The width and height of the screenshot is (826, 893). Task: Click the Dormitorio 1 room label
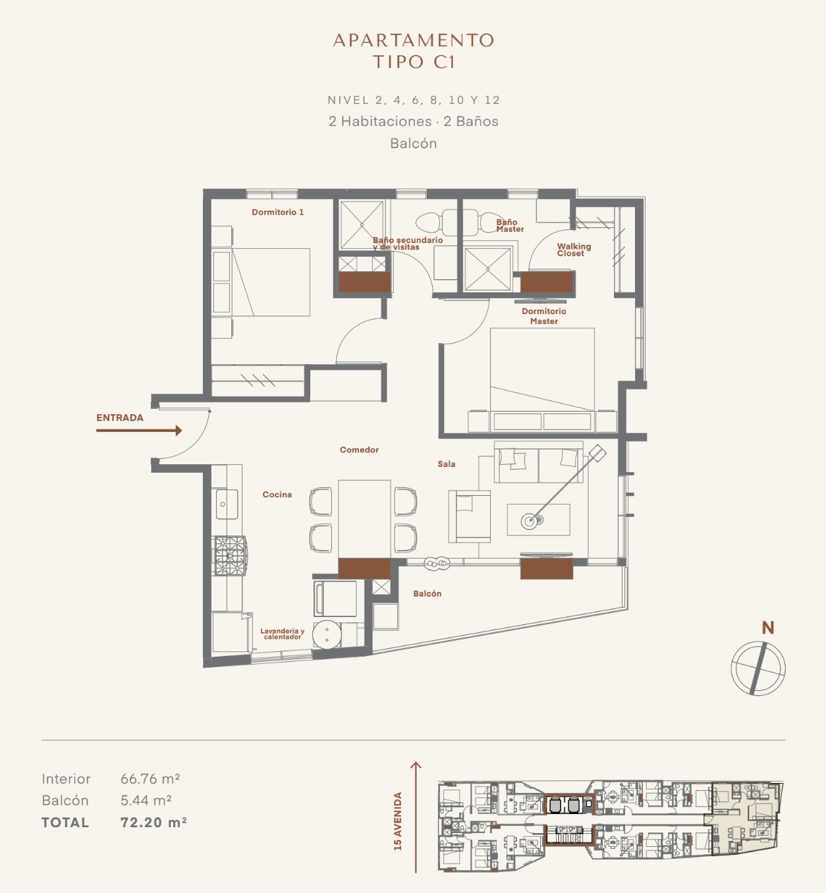(277, 212)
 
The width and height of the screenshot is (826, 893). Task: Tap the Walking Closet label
(574, 250)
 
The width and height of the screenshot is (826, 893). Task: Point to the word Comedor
(359, 450)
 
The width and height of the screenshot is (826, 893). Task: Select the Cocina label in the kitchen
(277, 495)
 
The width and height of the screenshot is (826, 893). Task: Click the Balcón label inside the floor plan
(427, 593)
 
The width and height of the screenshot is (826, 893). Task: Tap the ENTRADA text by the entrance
(120, 418)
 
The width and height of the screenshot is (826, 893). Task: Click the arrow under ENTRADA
(139, 431)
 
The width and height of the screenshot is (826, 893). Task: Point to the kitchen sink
(227, 504)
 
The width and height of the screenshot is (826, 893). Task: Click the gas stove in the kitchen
(229, 555)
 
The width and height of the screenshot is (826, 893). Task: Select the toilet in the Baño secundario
(435, 223)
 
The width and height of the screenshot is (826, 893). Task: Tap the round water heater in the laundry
(327, 634)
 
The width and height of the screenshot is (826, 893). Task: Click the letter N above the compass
(767, 628)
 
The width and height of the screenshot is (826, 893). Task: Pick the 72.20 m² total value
(153, 823)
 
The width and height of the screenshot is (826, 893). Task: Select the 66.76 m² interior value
(150, 779)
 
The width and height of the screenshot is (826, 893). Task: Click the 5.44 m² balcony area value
(146, 800)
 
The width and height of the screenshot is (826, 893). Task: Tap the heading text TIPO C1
(414, 62)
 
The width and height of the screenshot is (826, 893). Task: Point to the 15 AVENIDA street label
(398, 821)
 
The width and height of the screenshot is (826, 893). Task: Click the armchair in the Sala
(469, 516)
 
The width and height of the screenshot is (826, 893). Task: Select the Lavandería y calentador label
(283, 634)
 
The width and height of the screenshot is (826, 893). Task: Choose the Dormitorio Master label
(544, 316)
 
